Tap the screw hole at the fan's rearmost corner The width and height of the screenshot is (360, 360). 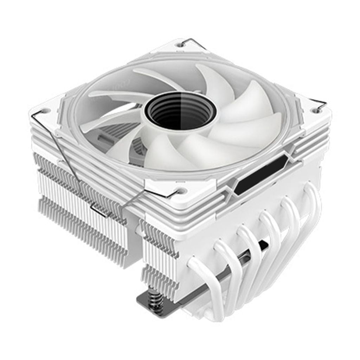click(180, 45)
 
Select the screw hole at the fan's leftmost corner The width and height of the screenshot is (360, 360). click(45, 111)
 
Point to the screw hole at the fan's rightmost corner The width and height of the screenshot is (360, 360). click(316, 110)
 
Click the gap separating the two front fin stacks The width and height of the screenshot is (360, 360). click(135, 239)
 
